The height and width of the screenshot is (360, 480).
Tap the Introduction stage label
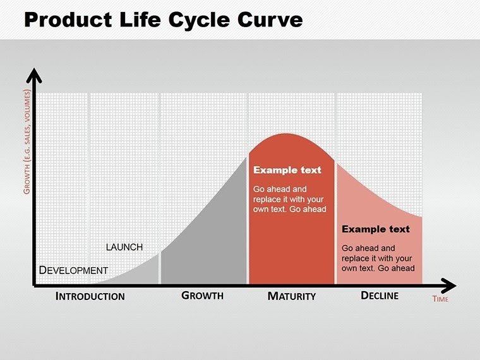point(90,296)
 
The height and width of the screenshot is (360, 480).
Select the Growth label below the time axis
point(202,295)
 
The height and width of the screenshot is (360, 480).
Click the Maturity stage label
point(291,296)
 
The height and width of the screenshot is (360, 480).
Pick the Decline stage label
point(379,295)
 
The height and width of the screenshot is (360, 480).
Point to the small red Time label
point(440,299)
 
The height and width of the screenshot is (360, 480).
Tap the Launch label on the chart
point(124,247)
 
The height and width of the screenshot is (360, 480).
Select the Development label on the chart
point(73,270)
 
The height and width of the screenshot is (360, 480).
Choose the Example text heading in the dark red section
point(287,171)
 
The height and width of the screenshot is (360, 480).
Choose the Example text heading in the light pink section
point(376,229)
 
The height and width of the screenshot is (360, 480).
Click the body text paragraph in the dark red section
point(289,198)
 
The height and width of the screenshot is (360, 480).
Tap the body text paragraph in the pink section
point(378,258)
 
